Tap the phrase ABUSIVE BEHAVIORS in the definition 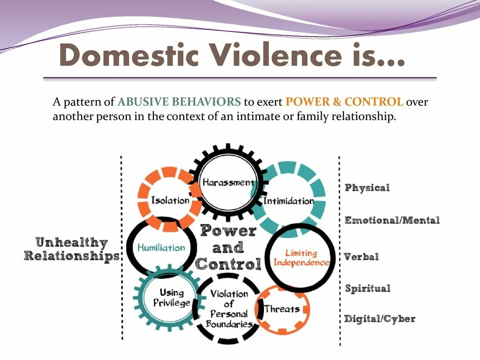tap(179, 102)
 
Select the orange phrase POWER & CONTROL tap(344, 102)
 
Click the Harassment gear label tap(228, 182)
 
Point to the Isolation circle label tap(170, 201)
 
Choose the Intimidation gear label tap(288, 201)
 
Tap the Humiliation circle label tap(161, 247)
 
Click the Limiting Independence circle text tap(301, 258)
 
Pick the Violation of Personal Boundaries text tap(229, 308)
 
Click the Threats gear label tap(282, 308)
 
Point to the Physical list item tap(367, 188)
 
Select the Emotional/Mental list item tap(392, 220)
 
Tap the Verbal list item tap(361, 257)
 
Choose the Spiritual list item tap(367, 288)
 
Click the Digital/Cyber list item tap(380, 319)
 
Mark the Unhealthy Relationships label tap(72, 249)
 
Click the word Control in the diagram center tap(228, 264)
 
